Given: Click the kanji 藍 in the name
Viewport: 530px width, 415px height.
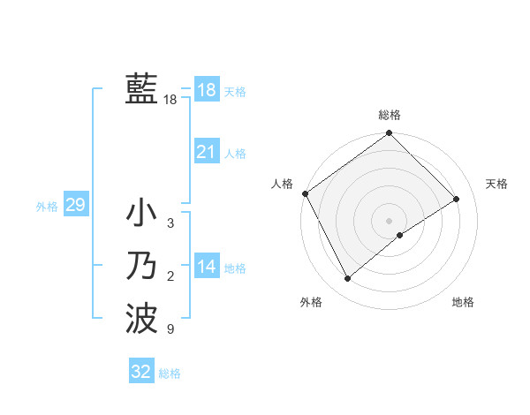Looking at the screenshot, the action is [141, 89].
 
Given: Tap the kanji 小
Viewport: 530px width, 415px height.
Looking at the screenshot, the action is [141, 213].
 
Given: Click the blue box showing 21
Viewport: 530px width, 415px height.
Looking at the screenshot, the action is [206, 152].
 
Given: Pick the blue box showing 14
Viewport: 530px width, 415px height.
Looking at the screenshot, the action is [206, 267].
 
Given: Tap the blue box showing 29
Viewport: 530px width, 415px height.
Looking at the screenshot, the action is [75, 206].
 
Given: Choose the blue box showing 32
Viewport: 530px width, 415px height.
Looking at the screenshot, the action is [141, 372].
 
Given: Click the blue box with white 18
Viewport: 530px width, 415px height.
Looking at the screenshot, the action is [206, 90].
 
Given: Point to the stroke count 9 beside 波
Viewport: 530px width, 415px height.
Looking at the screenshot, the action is [170, 330].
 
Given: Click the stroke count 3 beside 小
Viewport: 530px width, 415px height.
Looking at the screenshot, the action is [170, 223].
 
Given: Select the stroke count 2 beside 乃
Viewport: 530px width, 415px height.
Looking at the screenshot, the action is [170, 277].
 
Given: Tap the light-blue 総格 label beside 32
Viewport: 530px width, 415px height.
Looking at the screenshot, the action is [170, 373].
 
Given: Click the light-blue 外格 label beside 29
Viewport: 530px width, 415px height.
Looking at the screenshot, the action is [47, 207].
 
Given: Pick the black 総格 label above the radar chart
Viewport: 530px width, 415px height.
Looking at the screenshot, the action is [390, 115].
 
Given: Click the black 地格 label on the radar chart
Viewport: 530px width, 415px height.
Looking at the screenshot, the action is [463, 302].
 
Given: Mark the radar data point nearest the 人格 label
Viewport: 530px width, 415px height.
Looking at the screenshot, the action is [305, 193].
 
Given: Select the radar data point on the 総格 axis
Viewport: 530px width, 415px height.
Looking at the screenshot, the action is [390, 133].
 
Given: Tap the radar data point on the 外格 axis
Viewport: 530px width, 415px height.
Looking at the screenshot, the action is [348, 279].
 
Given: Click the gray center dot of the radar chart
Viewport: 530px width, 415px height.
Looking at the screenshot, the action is [390, 220].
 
